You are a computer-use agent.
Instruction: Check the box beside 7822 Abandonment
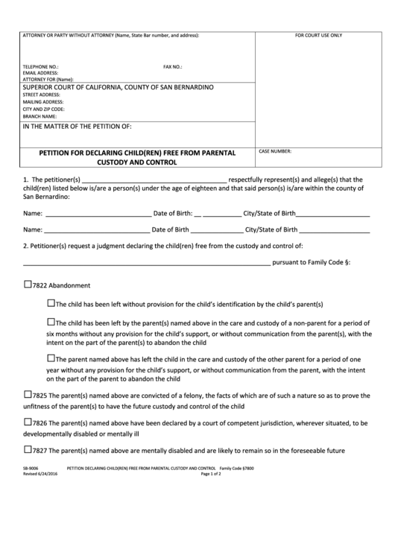pos(29,285)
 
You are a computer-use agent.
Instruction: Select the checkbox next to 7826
pos(29,422)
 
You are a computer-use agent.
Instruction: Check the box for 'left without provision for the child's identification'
pos(51,303)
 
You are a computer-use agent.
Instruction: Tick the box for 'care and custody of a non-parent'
pos(51,323)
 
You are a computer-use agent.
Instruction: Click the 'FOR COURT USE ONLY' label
pos(318,36)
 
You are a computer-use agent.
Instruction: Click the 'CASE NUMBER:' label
pos(276,151)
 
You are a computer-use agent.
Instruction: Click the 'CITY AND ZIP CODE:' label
pos(44,109)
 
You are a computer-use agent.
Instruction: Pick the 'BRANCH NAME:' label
pos(39,116)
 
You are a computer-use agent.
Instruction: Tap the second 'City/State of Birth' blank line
pos(335,230)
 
